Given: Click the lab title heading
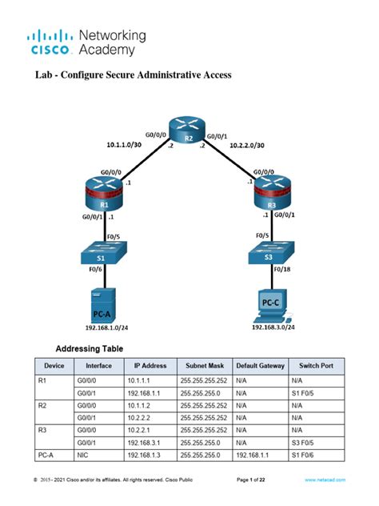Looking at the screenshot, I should (x=133, y=76).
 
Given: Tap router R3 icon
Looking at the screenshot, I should (x=272, y=195).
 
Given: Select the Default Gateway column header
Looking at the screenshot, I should (x=260, y=366).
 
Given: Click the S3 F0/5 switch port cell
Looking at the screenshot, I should (x=304, y=443).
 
